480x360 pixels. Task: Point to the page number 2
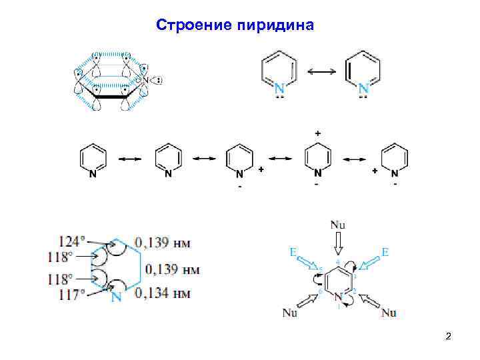point(448,337)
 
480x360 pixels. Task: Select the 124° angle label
point(73,241)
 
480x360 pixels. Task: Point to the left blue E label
point(293,253)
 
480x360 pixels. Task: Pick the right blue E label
point(385,253)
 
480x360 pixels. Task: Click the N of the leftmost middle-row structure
point(91,175)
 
